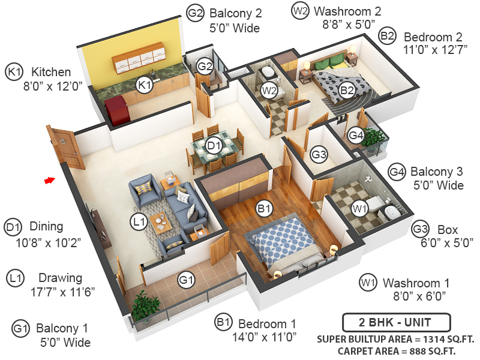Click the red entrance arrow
[50, 179]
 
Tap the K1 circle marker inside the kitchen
[144, 85]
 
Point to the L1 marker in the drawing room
[139, 222]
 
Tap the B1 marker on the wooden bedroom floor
[264, 209]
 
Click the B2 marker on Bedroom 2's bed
[347, 91]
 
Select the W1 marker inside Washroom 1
[359, 209]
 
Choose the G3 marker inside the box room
[319, 155]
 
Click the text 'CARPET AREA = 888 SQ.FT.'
[397, 350]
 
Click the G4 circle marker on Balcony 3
[356, 136]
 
